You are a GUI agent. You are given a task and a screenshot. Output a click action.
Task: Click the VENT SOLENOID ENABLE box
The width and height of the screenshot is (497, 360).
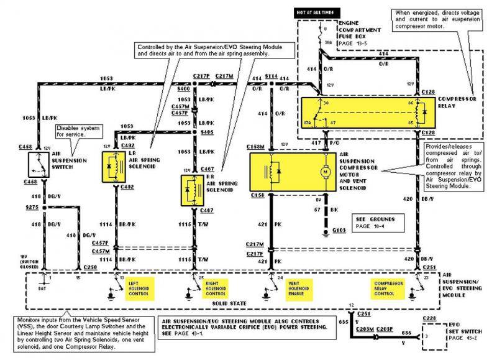pos(299,288)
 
